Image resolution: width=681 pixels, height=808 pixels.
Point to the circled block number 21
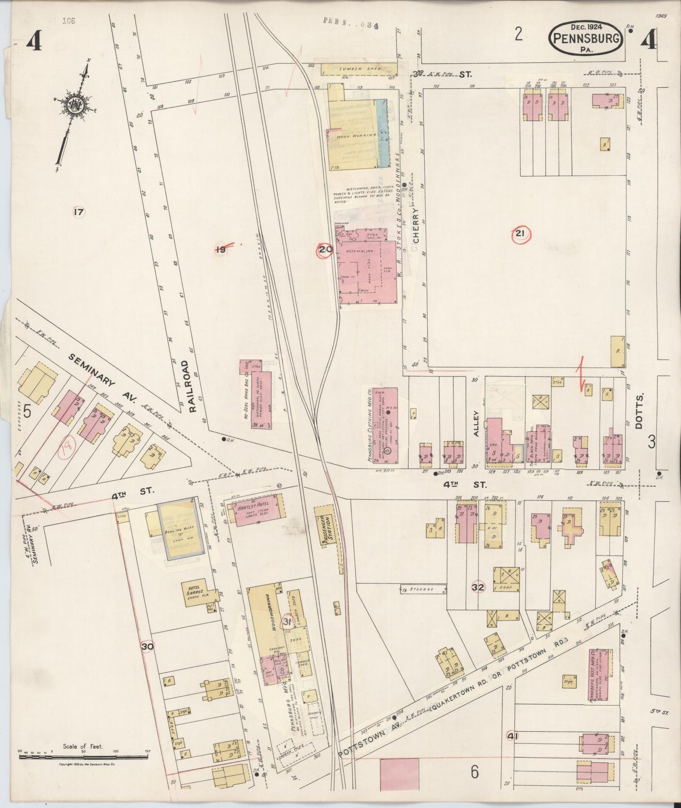point(521,234)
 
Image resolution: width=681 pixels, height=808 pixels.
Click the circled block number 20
point(325,250)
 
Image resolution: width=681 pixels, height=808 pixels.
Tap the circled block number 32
point(478,587)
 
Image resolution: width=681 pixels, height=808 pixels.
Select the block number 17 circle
point(78,212)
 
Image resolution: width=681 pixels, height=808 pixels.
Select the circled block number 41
point(511,735)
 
